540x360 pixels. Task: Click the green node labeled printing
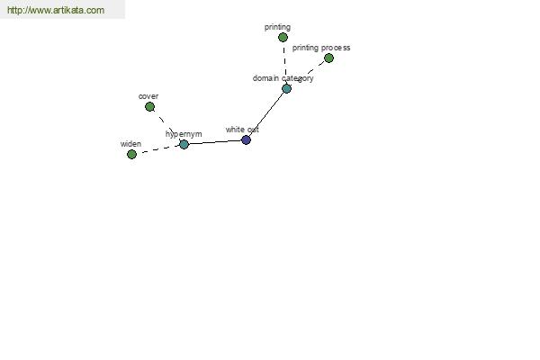tap(283, 37)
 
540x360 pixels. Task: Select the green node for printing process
tap(328, 58)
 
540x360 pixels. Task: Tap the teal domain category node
tap(286, 88)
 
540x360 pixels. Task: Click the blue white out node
tap(246, 139)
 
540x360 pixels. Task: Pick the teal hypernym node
tap(184, 144)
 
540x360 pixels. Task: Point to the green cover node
tap(149, 107)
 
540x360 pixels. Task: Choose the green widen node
tap(131, 154)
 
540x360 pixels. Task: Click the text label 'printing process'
tap(321, 48)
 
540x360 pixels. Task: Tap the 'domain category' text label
tap(283, 78)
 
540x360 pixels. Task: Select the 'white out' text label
tap(242, 130)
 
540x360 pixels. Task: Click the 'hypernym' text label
tap(184, 134)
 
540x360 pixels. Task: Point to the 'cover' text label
tap(148, 96)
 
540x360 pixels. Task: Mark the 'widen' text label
tap(130, 144)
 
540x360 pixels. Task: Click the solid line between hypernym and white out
tap(215, 142)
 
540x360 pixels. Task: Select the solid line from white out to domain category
tap(266, 114)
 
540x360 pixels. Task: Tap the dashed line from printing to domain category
tap(284, 63)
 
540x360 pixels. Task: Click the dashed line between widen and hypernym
tap(158, 149)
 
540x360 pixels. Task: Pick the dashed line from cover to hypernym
tap(166, 125)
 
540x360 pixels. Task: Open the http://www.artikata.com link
tap(56, 10)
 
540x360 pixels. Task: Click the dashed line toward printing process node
tap(308, 73)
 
